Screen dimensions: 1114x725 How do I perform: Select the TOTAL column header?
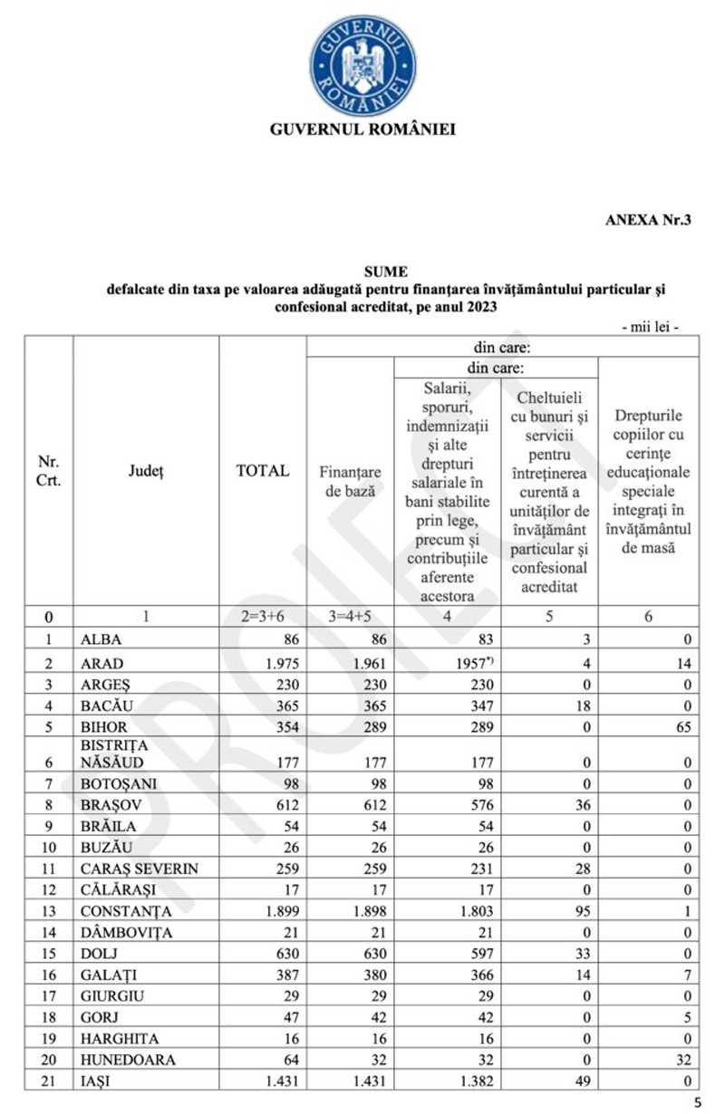tap(263, 471)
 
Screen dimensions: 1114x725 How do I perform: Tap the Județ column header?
tap(145, 471)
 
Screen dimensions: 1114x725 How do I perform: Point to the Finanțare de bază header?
tap(350, 480)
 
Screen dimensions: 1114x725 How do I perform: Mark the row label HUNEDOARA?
tap(127, 1060)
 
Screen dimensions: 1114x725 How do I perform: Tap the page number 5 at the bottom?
tap(697, 1102)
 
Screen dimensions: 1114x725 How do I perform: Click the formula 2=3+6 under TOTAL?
tap(263, 617)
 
